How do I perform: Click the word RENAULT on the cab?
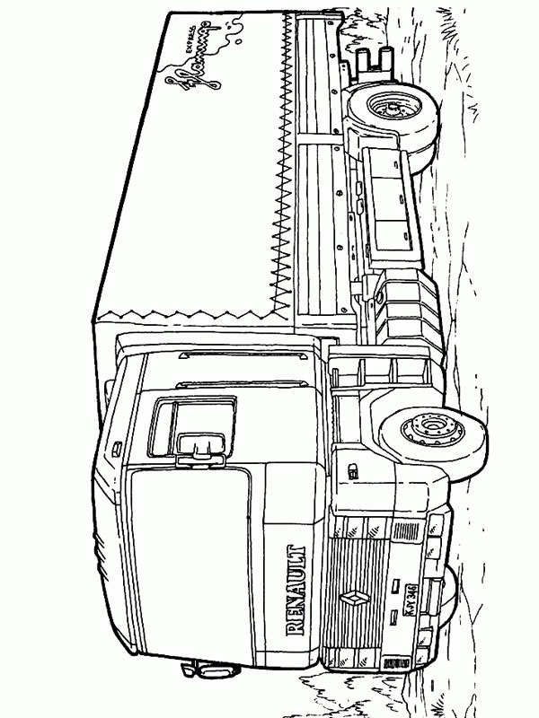point(296,589)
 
